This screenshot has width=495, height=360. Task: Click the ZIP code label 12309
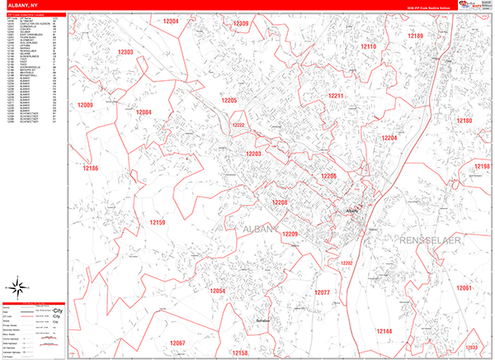(x=241, y=24)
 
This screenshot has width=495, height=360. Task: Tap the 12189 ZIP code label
(x=415, y=36)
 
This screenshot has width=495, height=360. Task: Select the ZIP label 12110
(x=368, y=47)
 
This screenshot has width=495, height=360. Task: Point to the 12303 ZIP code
(x=125, y=52)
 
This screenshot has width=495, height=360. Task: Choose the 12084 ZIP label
(x=144, y=112)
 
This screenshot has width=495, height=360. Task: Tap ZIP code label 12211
(x=336, y=97)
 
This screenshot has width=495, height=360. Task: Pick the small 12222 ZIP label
(x=238, y=126)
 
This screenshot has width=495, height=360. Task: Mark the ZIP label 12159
(x=157, y=223)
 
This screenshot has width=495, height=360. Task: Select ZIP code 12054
(x=217, y=291)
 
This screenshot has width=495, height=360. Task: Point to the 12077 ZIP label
(x=322, y=292)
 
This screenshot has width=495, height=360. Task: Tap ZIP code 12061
(x=463, y=287)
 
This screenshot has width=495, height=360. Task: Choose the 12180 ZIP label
(x=464, y=121)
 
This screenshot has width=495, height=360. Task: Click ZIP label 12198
(x=482, y=166)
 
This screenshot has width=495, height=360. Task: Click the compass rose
(x=16, y=288)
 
